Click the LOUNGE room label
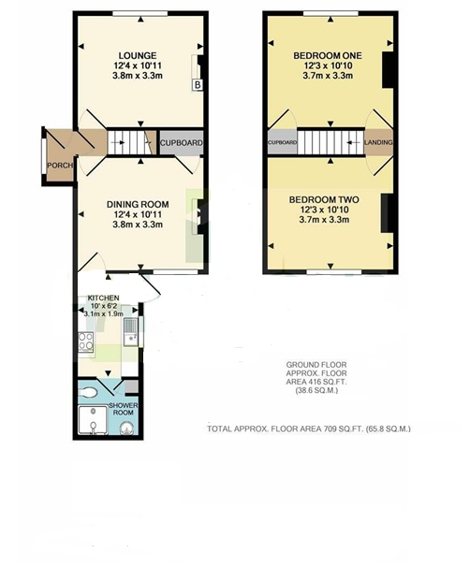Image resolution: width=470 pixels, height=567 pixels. coord(138,56)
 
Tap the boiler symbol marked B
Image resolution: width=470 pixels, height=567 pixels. coord(198,85)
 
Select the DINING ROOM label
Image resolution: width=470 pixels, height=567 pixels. coord(138,204)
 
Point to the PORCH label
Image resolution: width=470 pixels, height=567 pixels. coord(60,166)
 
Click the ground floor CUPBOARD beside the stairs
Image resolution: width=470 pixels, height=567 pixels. coord(182,143)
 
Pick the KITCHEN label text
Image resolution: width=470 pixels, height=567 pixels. coord(104,298)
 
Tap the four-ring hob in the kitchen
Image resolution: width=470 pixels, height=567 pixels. coord(86,342)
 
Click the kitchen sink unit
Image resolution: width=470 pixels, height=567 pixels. coord(130,331)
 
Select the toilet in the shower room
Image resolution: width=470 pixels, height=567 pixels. coord(88,392)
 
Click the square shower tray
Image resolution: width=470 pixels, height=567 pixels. coord(93,420)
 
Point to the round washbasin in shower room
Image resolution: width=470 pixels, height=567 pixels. coord(126,429)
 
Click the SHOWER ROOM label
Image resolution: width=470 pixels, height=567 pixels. coord(124,409)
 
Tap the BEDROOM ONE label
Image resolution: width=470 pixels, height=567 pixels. coord(328,56)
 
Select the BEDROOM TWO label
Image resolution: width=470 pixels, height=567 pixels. coord(324,199)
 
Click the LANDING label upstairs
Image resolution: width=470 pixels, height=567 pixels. coord(378,142)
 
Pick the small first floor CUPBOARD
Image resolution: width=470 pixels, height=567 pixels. coord(282,142)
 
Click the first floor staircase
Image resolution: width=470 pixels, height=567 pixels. coord(330,142)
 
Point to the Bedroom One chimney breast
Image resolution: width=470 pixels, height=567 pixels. coord(388,70)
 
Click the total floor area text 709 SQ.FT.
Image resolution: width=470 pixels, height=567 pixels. coord(308,429)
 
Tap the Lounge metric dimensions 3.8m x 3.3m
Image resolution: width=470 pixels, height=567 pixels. coord(138,76)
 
